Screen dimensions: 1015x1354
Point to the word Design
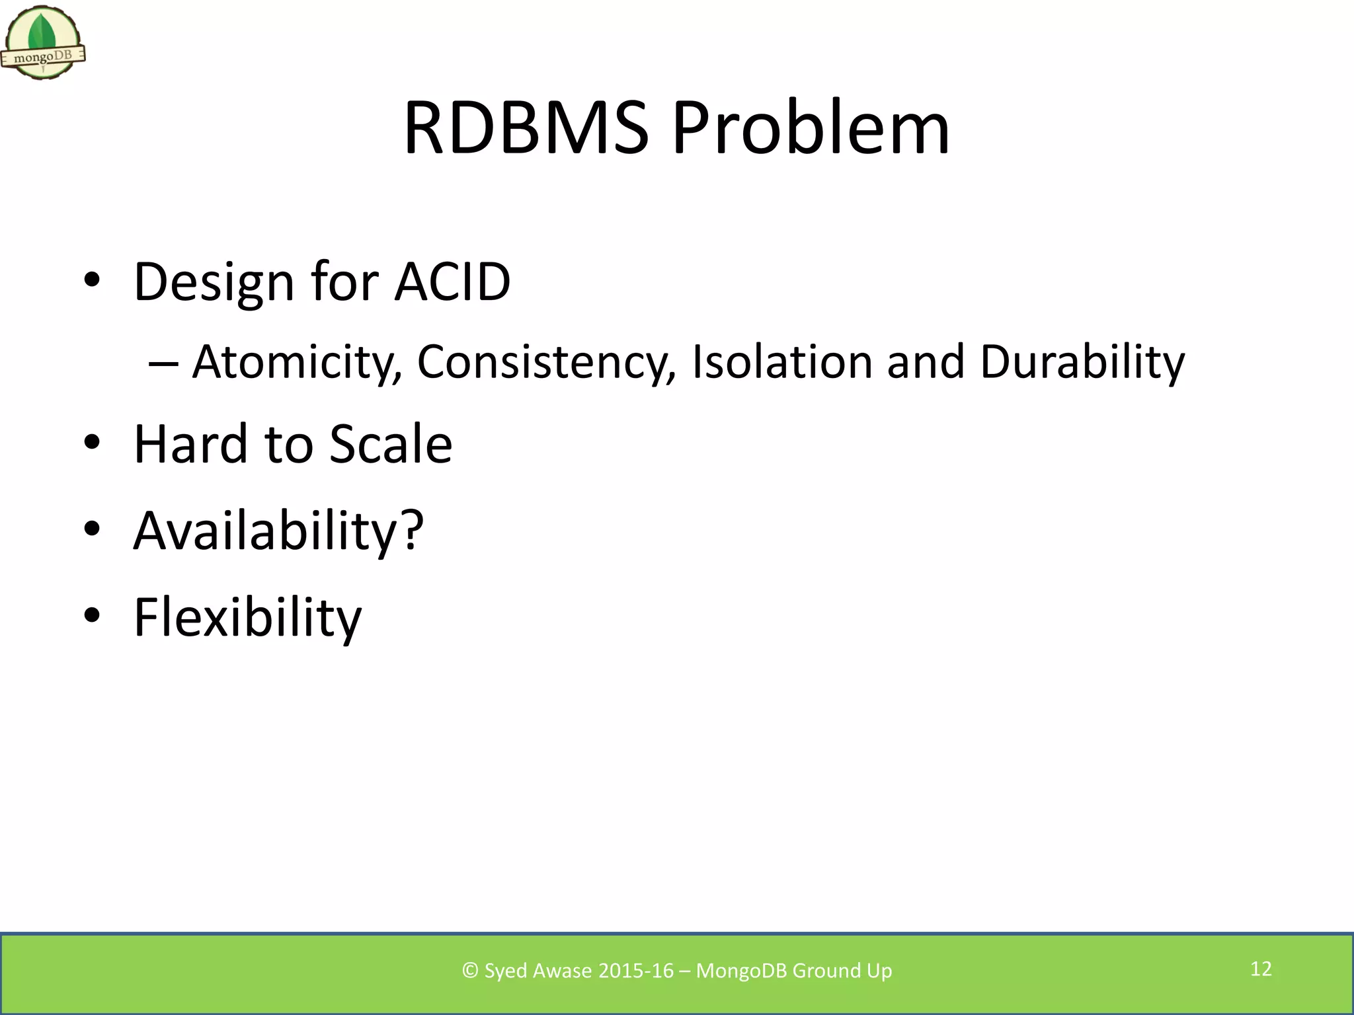pos(214,282)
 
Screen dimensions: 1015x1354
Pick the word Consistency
pos(546,362)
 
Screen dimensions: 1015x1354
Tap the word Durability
pos(1082,362)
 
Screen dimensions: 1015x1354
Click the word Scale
pos(391,444)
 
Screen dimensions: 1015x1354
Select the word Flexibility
pos(247,617)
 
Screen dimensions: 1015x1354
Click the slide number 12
pos(1261,969)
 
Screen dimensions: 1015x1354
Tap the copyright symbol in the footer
pos(470,971)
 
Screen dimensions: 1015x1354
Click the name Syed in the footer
pos(506,971)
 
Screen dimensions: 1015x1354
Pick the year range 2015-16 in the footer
pos(635,971)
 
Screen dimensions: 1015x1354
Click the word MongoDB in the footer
pos(741,971)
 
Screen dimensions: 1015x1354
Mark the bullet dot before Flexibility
pos(92,616)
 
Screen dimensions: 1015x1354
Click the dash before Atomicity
pos(163,363)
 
